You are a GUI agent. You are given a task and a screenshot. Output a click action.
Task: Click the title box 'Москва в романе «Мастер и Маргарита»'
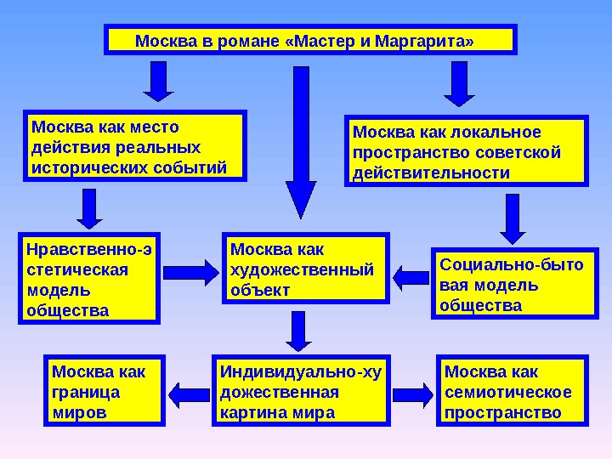click(310, 40)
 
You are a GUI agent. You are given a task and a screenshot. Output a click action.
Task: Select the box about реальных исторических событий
click(135, 146)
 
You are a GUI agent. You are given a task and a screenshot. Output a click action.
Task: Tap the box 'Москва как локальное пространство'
click(467, 152)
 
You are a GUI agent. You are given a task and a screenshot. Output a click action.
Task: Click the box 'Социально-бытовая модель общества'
click(510, 283)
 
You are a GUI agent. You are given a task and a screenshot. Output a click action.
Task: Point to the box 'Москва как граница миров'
click(102, 391)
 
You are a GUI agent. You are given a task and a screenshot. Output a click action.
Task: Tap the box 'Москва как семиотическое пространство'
click(514, 391)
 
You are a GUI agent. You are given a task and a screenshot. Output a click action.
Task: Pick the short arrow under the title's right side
click(460, 83)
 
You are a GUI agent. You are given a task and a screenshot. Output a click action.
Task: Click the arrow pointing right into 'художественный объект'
click(190, 273)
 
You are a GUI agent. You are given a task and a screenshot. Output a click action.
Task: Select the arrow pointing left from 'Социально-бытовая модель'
click(412, 276)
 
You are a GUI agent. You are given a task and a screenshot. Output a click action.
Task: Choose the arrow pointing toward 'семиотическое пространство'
click(413, 393)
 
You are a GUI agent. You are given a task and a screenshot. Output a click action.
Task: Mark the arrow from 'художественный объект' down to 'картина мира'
click(298, 331)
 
